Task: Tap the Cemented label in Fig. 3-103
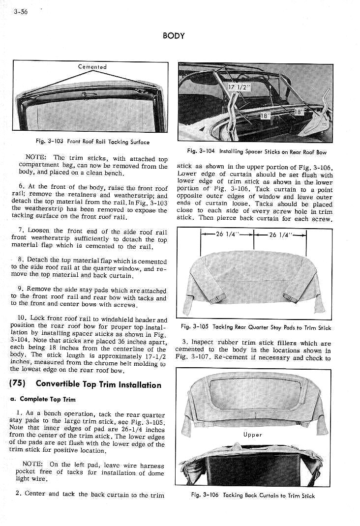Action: [x=92, y=67]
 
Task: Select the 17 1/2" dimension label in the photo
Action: [x=240, y=88]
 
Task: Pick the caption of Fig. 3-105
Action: [x=256, y=327]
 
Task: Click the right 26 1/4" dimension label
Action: [x=280, y=234]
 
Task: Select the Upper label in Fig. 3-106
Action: [x=252, y=435]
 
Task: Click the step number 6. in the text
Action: [x=21, y=187]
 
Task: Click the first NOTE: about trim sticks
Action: [x=36, y=158]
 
